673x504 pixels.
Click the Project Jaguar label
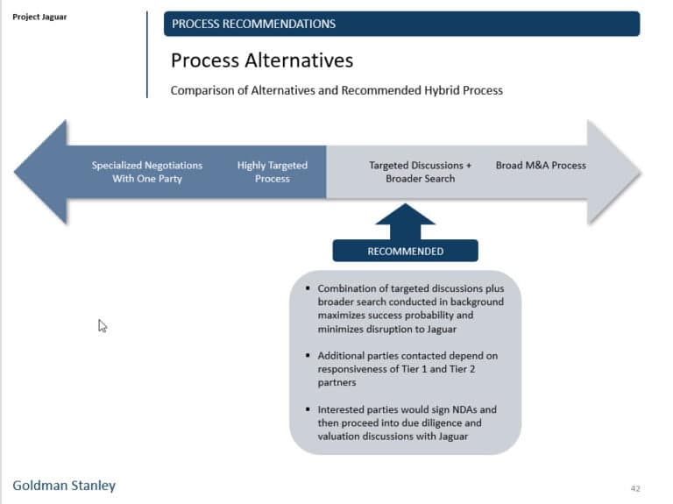click(39, 17)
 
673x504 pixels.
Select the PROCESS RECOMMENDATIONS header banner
click(401, 24)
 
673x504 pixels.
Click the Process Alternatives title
click(262, 60)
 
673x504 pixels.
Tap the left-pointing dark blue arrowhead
click(40, 172)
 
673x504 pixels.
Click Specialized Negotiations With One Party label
click(147, 172)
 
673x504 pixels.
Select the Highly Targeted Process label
click(272, 172)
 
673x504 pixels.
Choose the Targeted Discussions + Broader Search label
click(420, 172)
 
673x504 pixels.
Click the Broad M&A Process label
click(541, 165)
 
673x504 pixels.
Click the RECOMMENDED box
click(405, 251)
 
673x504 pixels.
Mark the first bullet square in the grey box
click(308, 288)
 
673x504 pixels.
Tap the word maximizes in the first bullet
click(342, 315)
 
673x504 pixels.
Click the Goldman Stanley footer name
click(64, 486)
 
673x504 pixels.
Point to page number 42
click(636, 487)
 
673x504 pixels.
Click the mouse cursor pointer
click(103, 326)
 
